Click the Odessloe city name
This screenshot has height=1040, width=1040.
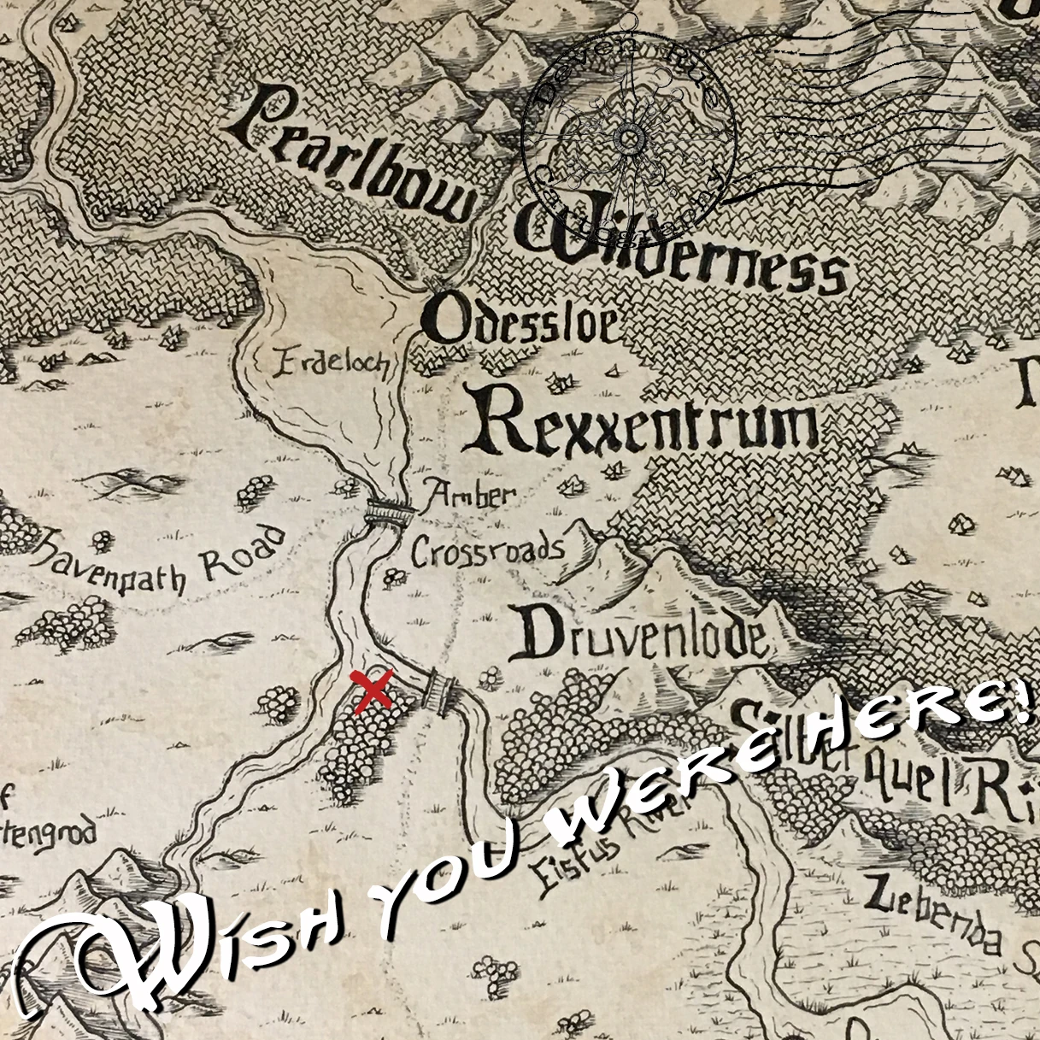point(521,323)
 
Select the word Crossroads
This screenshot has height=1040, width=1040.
point(487,550)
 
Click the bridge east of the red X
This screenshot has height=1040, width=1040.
point(441,690)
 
